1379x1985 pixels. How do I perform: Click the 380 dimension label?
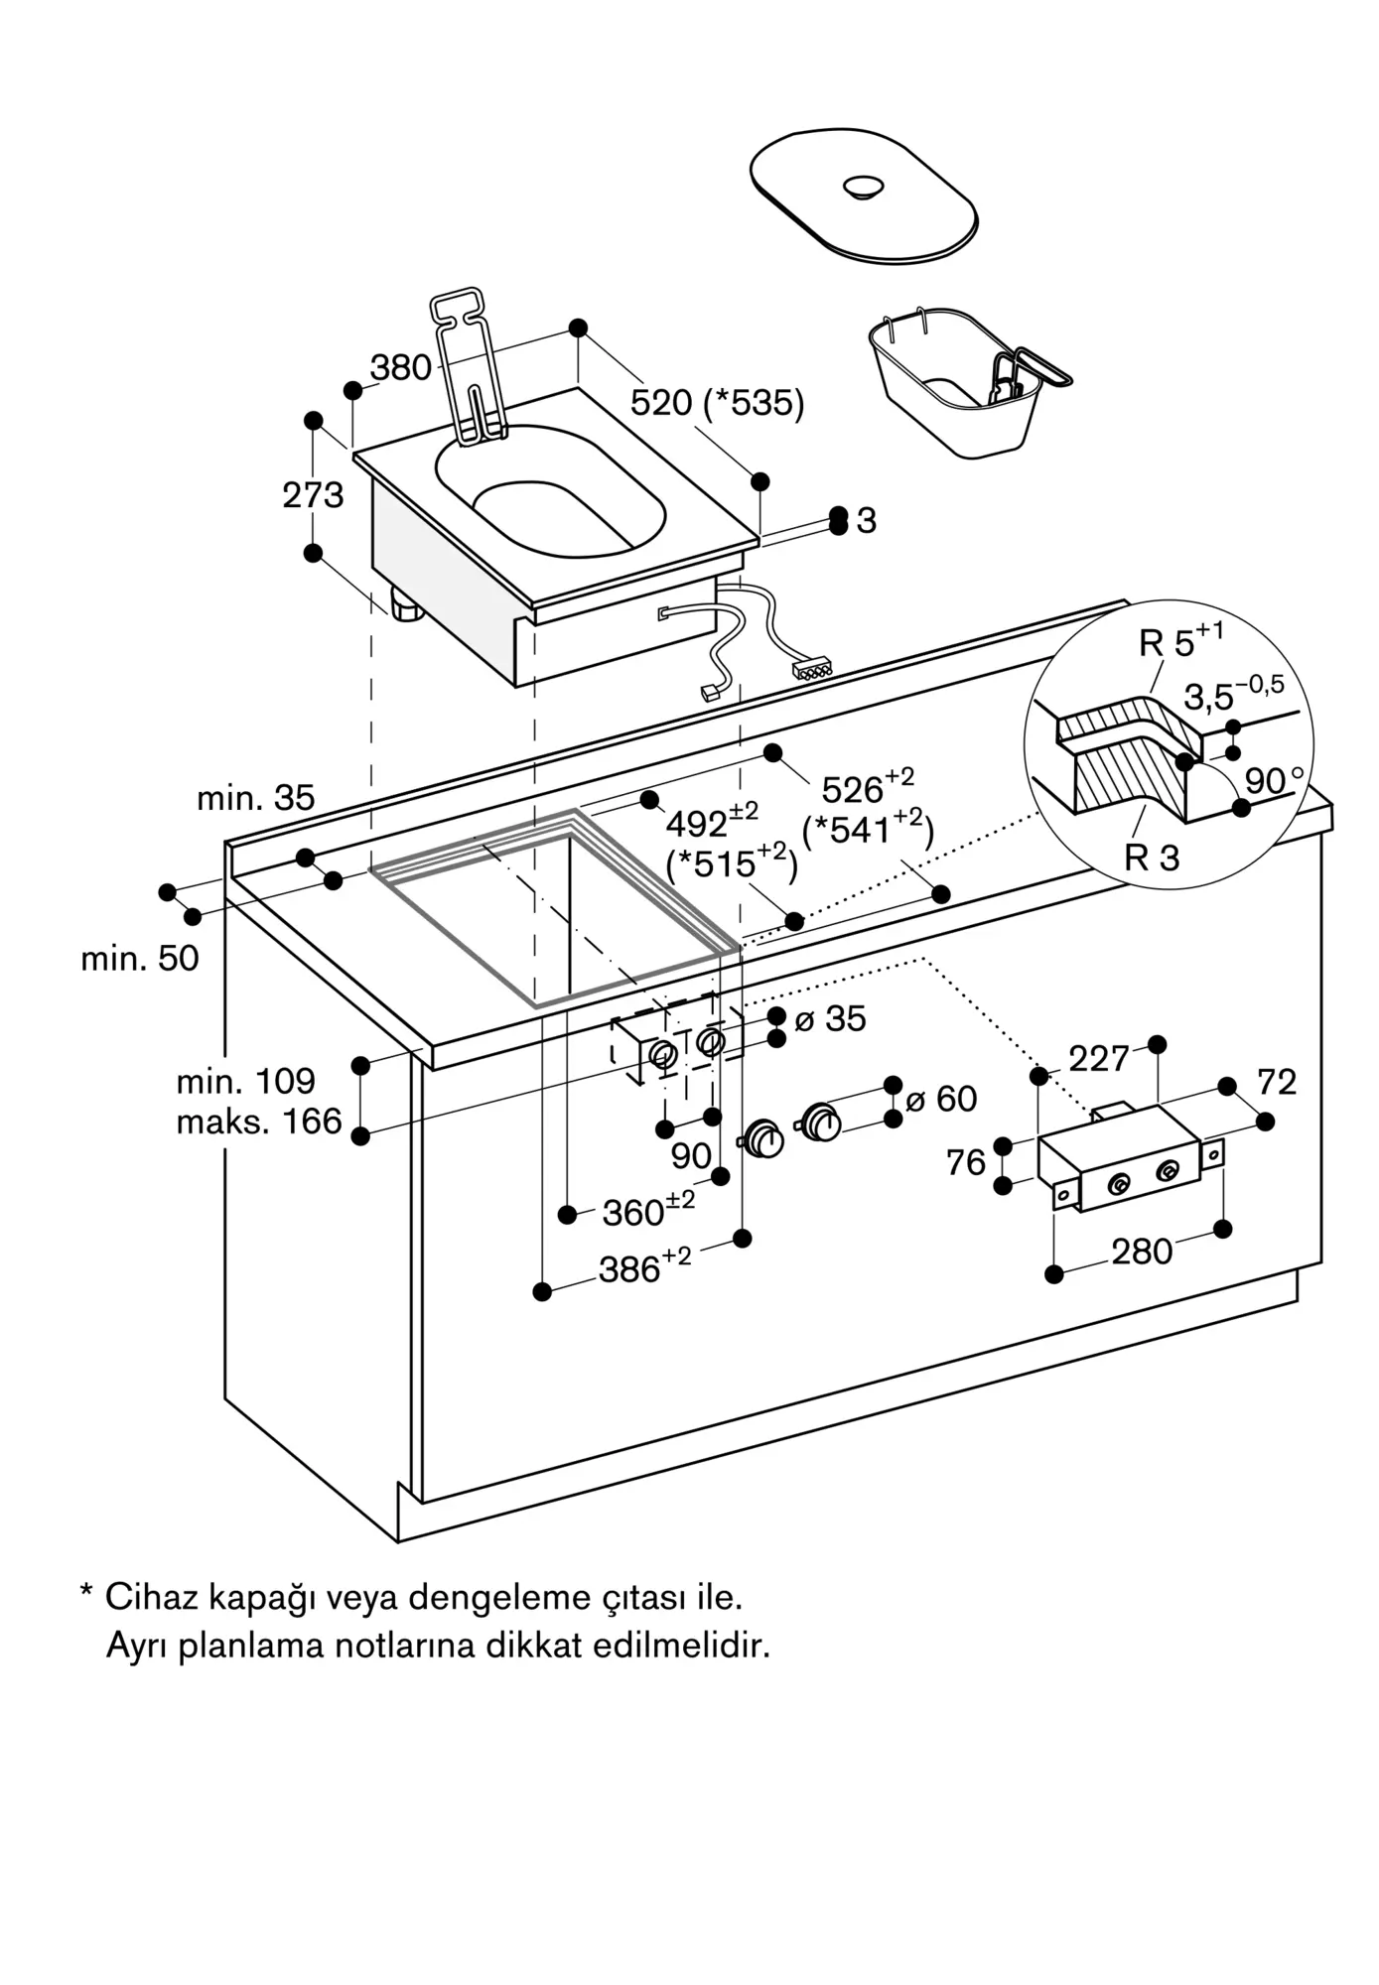point(401,368)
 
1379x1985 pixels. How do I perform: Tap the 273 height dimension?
point(313,494)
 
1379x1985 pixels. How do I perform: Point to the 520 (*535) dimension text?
point(717,403)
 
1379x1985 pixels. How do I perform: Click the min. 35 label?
point(255,797)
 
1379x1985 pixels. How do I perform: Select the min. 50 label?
point(140,958)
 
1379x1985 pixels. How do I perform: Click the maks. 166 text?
point(258,1122)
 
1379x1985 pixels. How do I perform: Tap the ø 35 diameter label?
point(830,1018)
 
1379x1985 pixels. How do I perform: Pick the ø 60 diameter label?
point(941,1099)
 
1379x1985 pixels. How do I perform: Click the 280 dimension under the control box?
point(1142,1252)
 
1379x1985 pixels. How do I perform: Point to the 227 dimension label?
point(1098,1059)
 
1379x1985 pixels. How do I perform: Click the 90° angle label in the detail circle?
point(1274,781)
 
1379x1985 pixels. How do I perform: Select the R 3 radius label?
point(1152,858)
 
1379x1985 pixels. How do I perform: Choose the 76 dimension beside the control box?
point(966,1162)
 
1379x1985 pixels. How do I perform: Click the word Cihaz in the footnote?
point(146,1597)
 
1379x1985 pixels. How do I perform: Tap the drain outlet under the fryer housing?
point(406,605)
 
